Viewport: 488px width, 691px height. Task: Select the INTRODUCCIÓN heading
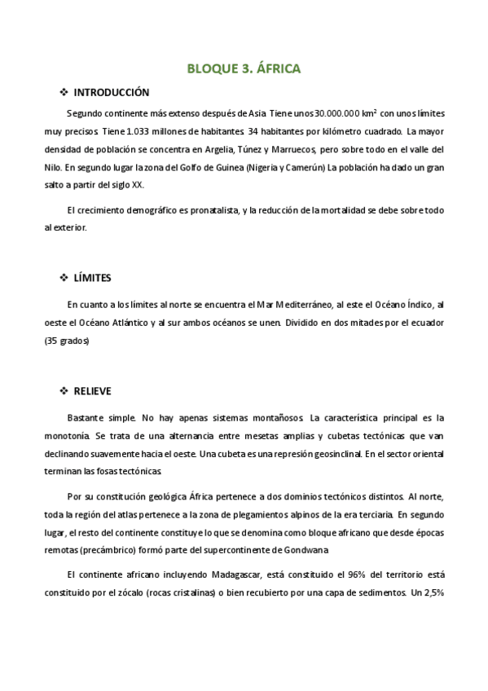point(112,92)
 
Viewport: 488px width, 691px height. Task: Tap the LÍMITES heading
point(92,278)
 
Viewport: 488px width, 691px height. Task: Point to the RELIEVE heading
point(92,391)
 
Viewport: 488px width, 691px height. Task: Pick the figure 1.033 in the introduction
point(152,130)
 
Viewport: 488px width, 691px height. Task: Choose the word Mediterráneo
point(301,305)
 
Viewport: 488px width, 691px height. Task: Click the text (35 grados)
point(67,342)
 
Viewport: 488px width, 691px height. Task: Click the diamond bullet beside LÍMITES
point(65,278)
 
